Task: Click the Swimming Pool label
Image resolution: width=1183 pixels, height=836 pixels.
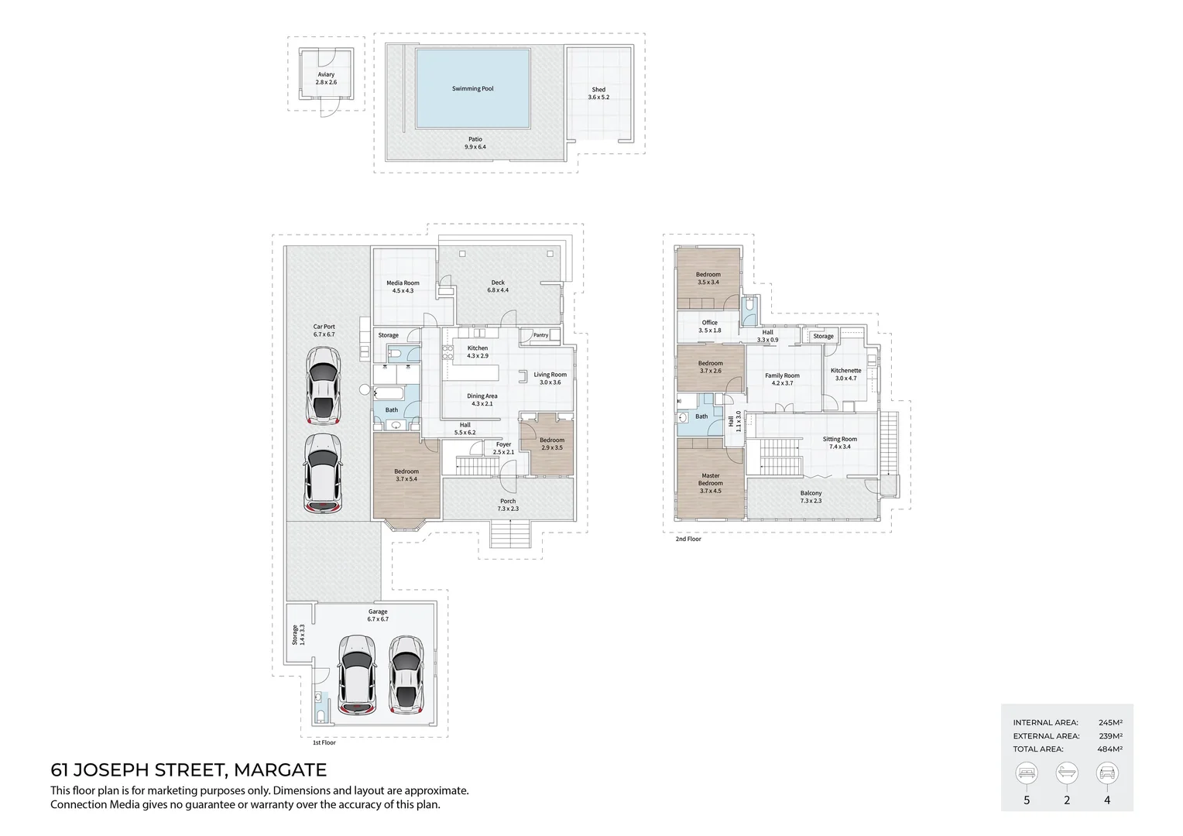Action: pos(472,89)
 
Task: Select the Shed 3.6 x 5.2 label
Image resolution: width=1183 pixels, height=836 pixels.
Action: pos(598,94)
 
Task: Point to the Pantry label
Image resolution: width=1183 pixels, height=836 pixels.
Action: pos(540,335)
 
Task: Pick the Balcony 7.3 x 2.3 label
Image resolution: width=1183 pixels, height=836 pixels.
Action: pos(811,497)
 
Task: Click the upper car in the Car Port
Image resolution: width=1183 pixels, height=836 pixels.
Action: pos(323,385)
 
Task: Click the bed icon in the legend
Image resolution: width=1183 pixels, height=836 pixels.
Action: pos(1027,773)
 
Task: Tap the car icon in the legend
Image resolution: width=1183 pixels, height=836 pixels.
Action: pos(1106,773)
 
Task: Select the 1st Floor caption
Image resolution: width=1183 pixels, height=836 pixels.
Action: pos(324,742)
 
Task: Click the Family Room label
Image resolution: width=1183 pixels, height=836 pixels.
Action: pos(782,379)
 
